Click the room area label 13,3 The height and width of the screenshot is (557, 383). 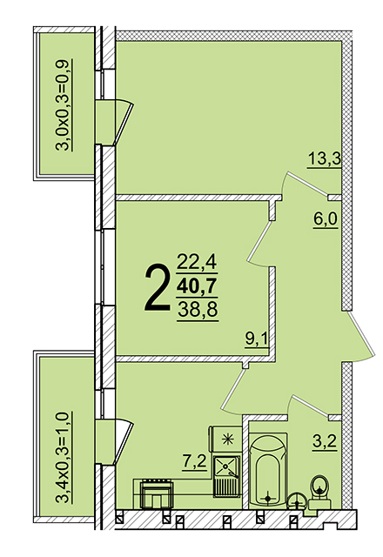(x=324, y=158)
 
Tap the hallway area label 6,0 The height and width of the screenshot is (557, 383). (x=325, y=219)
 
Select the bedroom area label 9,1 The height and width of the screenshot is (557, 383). (x=256, y=339)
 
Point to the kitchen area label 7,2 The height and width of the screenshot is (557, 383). (x=194, y=462)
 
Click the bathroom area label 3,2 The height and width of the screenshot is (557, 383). (x=325, y=443)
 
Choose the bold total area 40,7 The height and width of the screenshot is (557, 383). (x=198, y=286)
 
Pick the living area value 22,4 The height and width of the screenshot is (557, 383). (x=198, y=263)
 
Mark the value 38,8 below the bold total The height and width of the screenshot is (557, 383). (x=198, y=310)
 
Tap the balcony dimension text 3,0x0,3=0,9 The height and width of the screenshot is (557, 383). (x=64, y=105)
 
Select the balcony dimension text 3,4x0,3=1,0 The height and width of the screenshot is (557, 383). (x=64, y=458)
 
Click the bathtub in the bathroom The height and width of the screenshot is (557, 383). (x=268, y=470)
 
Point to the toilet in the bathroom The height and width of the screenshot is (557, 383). (x=319, y=493)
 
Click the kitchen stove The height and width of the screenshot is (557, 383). (x=157, y=493)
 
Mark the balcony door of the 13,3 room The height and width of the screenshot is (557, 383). (x=123, y=123)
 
